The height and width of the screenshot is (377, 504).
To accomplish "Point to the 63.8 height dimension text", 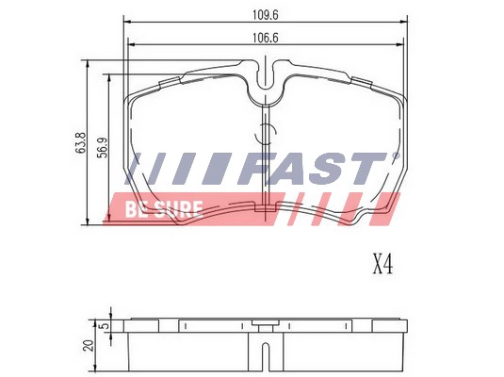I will click(x=82, y=143).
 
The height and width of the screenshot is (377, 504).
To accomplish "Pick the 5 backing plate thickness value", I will click(x=104, y=326).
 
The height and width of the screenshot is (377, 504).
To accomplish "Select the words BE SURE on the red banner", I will click(x=162, y=209).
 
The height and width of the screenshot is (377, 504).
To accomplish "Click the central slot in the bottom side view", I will click(x=269, y=355).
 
